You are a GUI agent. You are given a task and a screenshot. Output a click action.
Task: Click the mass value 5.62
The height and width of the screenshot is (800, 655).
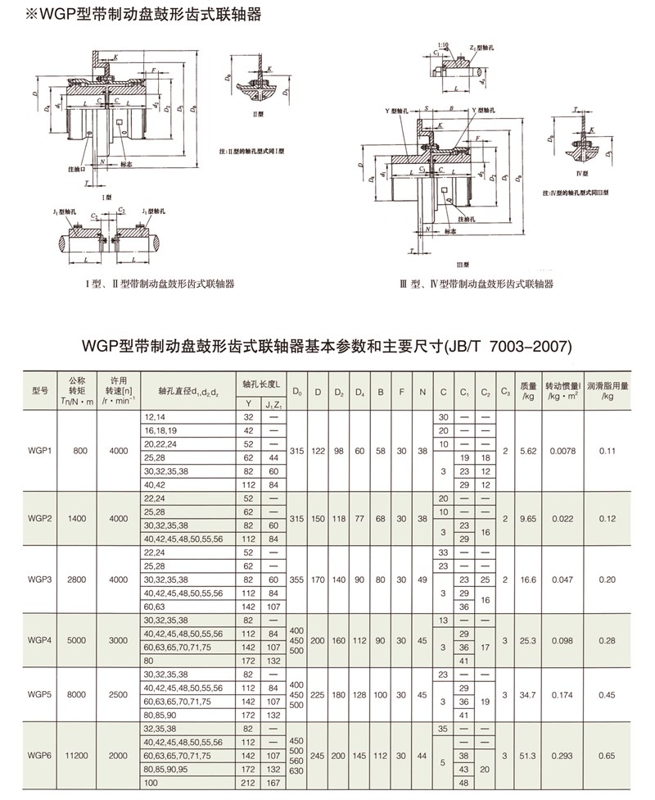[528, 450]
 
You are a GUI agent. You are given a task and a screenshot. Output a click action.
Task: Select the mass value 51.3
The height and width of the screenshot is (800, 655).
[528, 755]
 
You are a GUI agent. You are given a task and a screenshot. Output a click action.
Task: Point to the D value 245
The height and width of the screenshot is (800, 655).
[317, 755]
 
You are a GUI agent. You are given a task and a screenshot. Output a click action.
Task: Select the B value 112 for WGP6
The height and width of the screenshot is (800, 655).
[380, 755]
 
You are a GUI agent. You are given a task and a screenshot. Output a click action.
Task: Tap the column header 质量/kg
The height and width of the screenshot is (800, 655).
[528, 389]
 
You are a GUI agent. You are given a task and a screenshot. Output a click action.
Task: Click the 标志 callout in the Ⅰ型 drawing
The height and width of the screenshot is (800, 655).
[126, 164]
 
